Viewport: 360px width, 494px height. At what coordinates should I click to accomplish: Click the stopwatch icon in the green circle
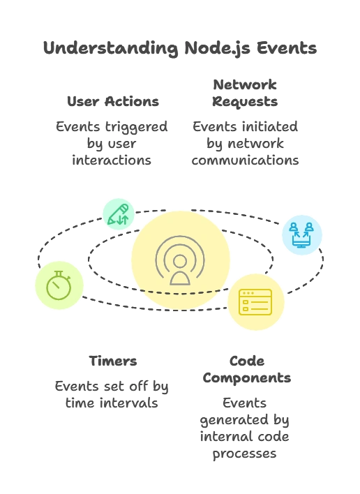point(59,285)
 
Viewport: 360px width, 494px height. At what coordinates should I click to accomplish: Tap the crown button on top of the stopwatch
point(59,272)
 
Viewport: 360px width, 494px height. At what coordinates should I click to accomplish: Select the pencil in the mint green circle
point(116,212)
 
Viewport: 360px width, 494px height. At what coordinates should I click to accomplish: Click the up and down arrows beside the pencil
point(123,220)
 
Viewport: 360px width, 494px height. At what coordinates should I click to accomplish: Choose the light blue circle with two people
point(301,234)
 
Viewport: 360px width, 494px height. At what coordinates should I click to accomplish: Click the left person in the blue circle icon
point(294,227)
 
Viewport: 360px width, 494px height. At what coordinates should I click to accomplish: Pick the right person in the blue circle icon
point(309,227)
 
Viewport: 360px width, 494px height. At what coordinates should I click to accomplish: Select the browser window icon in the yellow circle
point(255,301)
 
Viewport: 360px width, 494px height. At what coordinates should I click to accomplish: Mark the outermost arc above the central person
point(180,239)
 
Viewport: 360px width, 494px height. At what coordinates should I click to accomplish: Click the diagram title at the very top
point(179,49)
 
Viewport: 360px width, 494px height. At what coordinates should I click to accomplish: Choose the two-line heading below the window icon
point(248,370)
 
